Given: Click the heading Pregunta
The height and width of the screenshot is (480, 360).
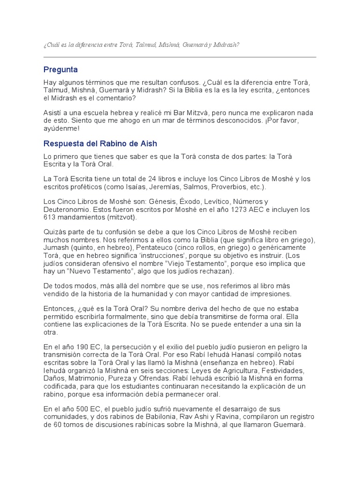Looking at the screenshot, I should click(60, 70).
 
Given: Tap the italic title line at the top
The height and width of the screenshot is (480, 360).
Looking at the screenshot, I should click(142, 45).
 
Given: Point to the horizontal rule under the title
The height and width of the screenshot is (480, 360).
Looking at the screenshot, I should click(180, 57).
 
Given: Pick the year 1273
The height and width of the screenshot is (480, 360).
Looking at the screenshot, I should click(240, 210).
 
